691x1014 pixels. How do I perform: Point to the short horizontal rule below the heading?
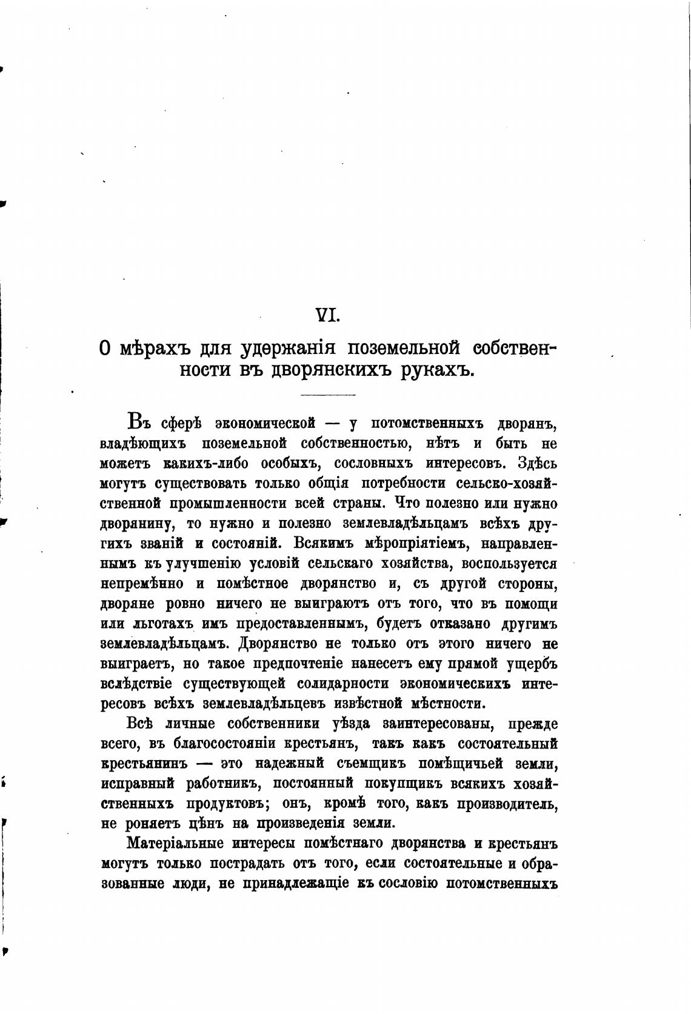pos(328,396)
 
